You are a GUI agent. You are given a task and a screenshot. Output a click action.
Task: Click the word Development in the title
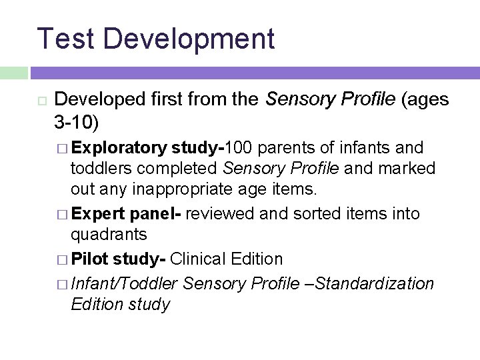[x=189, y=39]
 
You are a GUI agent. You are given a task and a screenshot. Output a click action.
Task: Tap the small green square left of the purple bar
[x=13, y=73]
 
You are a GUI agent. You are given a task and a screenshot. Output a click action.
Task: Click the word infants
[x=367, y=147]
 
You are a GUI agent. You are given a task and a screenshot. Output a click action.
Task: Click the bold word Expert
[x=99, y=214]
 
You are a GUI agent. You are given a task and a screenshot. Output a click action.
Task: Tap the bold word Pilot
[x=90, y=259]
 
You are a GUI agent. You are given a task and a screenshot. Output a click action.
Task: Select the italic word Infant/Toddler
[x=124, y=283]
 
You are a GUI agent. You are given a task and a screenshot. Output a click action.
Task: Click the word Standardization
[x=375, y=283]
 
